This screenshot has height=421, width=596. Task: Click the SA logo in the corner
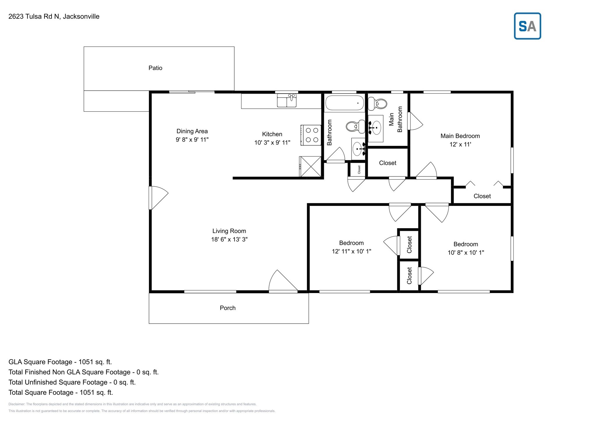pos(527,26)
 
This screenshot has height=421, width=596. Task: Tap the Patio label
pos(155,68)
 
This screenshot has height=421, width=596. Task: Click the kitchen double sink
pos(287,101)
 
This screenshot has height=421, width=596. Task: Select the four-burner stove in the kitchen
pos(311,135)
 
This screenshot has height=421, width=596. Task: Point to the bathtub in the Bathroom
pos(345,103)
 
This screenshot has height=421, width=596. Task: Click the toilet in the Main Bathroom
pos(378,103)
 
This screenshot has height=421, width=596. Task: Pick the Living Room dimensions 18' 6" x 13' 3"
pos(229,240)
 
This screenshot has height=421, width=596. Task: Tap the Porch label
pos(228,308)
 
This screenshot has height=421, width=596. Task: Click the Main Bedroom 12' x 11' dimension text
pos(460,145)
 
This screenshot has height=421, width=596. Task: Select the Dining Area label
pos(192,131)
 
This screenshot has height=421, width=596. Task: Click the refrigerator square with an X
pos(311,166)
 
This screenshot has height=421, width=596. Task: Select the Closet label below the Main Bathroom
pos(388,163)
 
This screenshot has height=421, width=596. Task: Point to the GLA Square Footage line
pos(60,362)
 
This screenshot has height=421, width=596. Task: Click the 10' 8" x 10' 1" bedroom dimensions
pos(466,253)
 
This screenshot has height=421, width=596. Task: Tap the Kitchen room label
pos(272,134)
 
